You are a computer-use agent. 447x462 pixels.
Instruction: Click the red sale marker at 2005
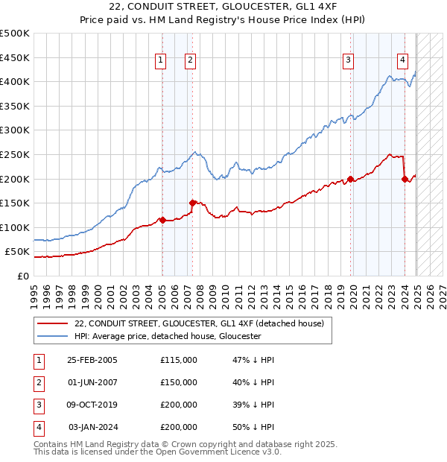click(162, 220)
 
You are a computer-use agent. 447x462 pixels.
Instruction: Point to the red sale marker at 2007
click(192, 203)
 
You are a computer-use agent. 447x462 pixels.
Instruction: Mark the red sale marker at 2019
click(350, 179)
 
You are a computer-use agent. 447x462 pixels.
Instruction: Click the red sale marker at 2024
click(405, 179)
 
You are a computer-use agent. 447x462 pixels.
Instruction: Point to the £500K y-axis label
click(15, 34)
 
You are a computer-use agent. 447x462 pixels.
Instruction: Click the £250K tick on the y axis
click(15, 154)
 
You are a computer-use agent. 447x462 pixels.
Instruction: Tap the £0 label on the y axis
click(23, 276)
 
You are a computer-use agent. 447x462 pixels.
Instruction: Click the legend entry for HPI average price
click(167, 336)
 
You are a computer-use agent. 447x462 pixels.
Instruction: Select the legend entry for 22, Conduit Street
click(198, 323)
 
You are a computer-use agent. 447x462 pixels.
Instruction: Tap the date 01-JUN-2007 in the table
click(92, 382)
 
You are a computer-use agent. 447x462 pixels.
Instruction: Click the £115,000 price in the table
click(179, 360)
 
